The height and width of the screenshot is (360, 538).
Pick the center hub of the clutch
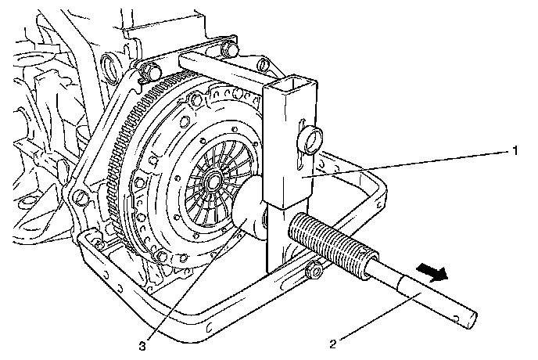(213, 182)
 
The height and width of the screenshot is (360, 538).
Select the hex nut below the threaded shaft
(316, 272)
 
